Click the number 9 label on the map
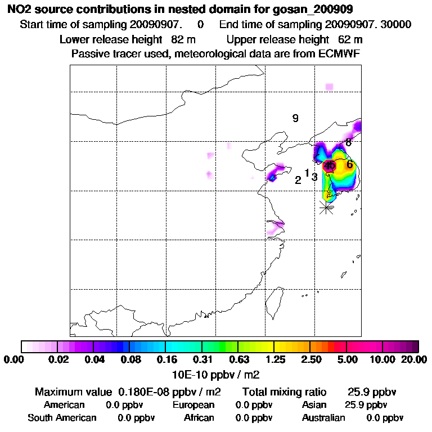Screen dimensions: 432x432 [295, 118]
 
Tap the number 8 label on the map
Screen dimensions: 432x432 [349, 142]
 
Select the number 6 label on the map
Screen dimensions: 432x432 [349, 164]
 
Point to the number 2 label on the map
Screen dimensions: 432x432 [298, 180]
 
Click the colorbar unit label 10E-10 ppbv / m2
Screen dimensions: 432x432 [216, 373]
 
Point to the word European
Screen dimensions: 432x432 [193, 405]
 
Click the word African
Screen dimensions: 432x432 [199, 418]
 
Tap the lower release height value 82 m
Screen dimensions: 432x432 [176, 39]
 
